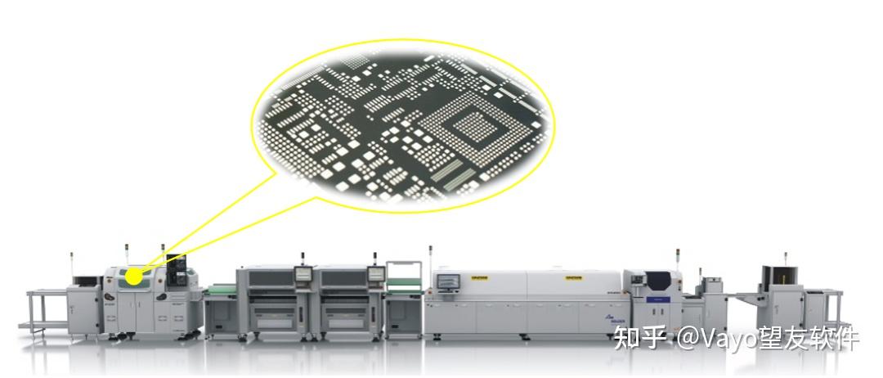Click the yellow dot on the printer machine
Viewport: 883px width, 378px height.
click(x=133, y=278)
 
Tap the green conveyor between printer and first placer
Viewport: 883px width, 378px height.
click(x=219, y=288)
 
